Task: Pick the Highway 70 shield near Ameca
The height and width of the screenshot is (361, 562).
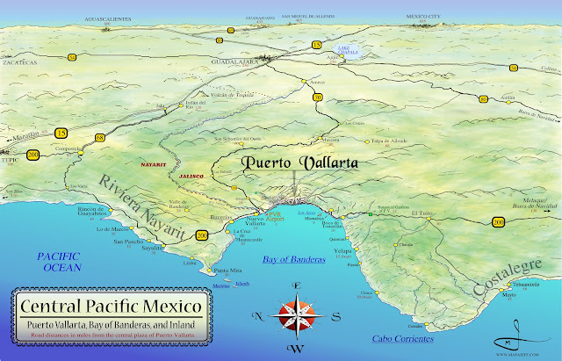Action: [x=317, y=97]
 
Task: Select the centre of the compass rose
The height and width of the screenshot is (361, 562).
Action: [x=297, y=314]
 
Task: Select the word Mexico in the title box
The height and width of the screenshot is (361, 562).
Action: [x=169, y=308]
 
